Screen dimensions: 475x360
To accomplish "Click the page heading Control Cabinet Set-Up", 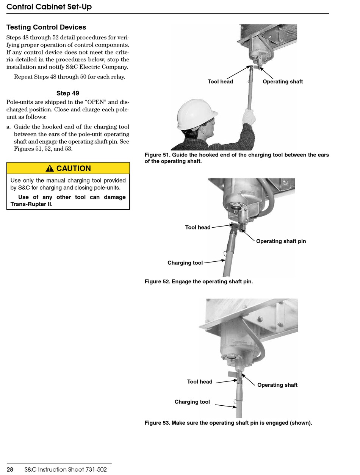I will [x=49, y=7].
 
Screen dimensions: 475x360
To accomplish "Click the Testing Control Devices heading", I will [x=46, y=27].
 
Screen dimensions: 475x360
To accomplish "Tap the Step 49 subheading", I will [x=68, y=93].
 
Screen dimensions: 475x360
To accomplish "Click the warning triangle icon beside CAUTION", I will [x=50, y=169].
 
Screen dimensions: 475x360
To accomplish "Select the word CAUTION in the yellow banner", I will [x=74, y=169].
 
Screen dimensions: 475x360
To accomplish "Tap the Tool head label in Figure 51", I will [x=220, y=81].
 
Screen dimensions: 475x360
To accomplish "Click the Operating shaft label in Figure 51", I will [x=283, y=81].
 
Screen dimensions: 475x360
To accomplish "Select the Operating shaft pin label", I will [x=281, y=241].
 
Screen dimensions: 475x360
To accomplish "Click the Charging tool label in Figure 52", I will [x=185, y=263].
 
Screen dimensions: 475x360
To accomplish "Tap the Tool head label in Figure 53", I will [x=200, y=382].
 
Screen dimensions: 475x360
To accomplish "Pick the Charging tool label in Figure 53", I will [x=192, y=402].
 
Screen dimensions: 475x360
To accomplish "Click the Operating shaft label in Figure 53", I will [x=277, y=385].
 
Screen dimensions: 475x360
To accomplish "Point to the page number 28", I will [x=10, y=470].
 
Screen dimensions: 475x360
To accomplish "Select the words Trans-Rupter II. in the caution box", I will [x=31, y=204].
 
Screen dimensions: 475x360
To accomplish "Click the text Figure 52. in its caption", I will [x=157, y=281].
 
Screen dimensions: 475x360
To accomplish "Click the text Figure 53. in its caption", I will [x=157, y=423].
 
